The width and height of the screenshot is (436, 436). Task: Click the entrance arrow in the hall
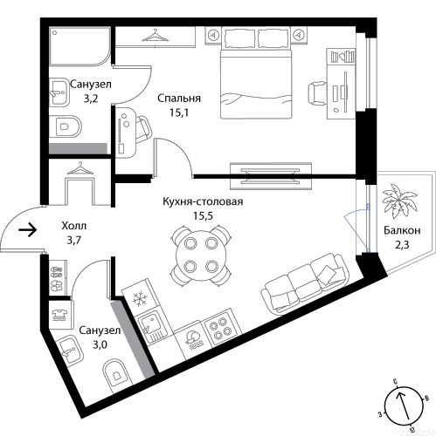[x=28, y=230]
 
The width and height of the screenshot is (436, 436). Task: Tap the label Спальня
[x=179, y=99]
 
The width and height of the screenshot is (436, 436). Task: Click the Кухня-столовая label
[x=203, y=201]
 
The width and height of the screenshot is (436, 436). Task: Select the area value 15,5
[x=203, y=215]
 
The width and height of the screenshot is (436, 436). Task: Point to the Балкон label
[x=402, y=230]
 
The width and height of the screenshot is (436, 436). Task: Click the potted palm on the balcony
[x=399, y=201]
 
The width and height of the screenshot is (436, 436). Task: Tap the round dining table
[x=201, y=255]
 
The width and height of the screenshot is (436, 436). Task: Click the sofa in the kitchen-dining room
[x=305, y=283]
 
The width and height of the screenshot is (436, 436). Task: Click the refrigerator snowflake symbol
[x=140, y=299]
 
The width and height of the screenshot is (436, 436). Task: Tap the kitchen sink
[x=152, y=327]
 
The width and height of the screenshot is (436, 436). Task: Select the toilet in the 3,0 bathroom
[x=117, y=374]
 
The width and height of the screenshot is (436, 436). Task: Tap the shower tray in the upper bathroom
[x=80, y=46]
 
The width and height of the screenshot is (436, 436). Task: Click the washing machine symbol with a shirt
[x=60, y=315]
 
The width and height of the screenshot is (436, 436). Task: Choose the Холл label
[x=74, y=226]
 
